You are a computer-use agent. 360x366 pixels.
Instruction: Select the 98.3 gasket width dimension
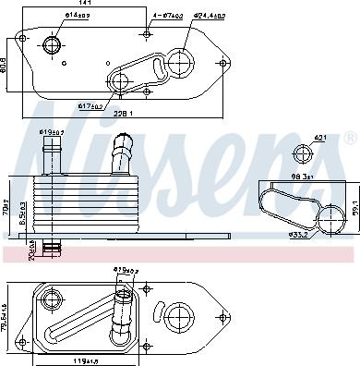click(306, 177)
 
